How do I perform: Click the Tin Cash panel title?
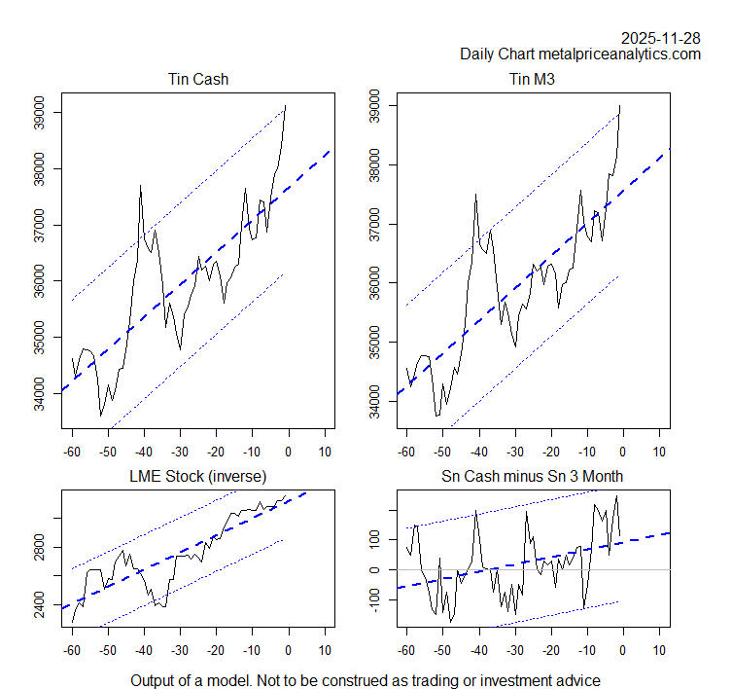tap(198, 79)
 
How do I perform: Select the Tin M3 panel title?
tap(532, 79)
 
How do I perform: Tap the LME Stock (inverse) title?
tap(198, 476)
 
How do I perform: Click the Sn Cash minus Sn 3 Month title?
tap(532, 476)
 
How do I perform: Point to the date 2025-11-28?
tap(660, 38)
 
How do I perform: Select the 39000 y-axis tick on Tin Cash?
tap(39, 113)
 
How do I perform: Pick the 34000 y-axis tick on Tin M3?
tap(374, 401)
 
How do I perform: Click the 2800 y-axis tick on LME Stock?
tap(39, 550)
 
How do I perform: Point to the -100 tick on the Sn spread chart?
tap(374, 599)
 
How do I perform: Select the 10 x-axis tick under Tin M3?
tap(658, 451)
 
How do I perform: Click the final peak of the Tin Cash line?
tap(286, 105)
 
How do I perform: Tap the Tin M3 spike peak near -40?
tap(475, 194)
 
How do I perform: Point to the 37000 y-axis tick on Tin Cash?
tap(39, 226)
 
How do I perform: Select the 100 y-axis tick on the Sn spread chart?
tap(374, 539)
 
